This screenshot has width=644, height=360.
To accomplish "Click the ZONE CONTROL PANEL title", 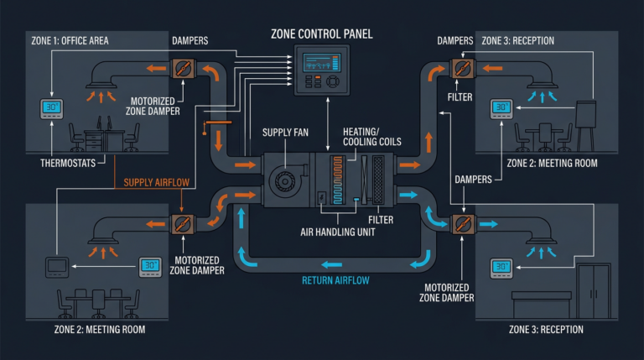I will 322,34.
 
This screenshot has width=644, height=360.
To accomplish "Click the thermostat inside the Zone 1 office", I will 52,110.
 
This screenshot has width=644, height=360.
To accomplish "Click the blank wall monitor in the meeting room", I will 55,269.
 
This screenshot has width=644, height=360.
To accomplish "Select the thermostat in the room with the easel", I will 501,108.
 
